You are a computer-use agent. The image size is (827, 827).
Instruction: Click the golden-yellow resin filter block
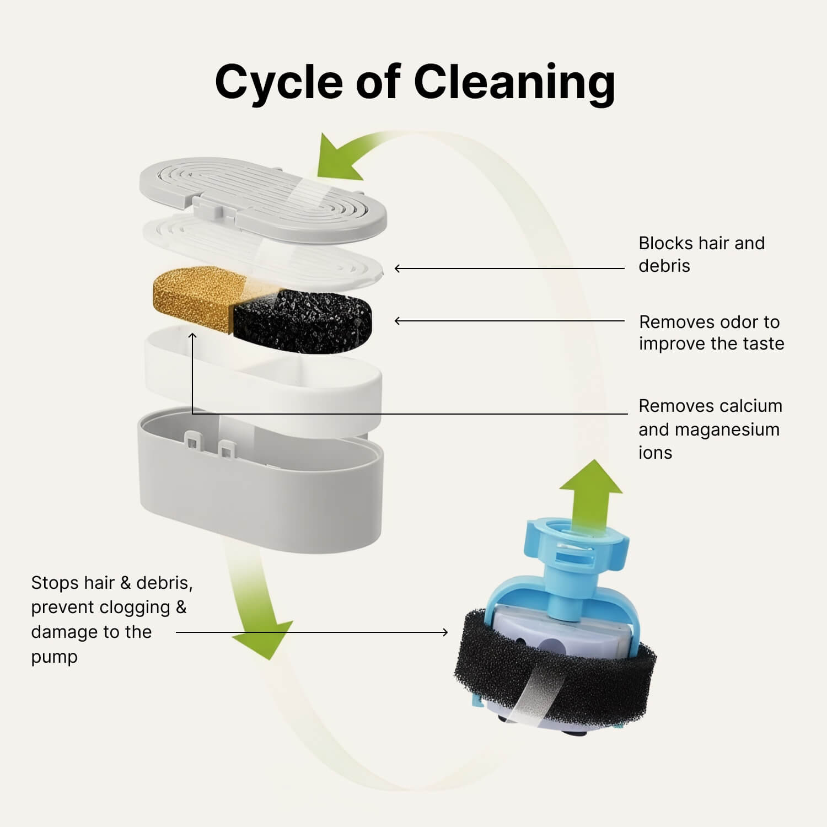point(193,298)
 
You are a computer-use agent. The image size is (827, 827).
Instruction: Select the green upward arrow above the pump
point(591,491)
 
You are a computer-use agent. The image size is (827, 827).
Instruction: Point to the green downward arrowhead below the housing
point(262,640)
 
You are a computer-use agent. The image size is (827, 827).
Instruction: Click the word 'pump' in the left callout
point(54,657)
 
